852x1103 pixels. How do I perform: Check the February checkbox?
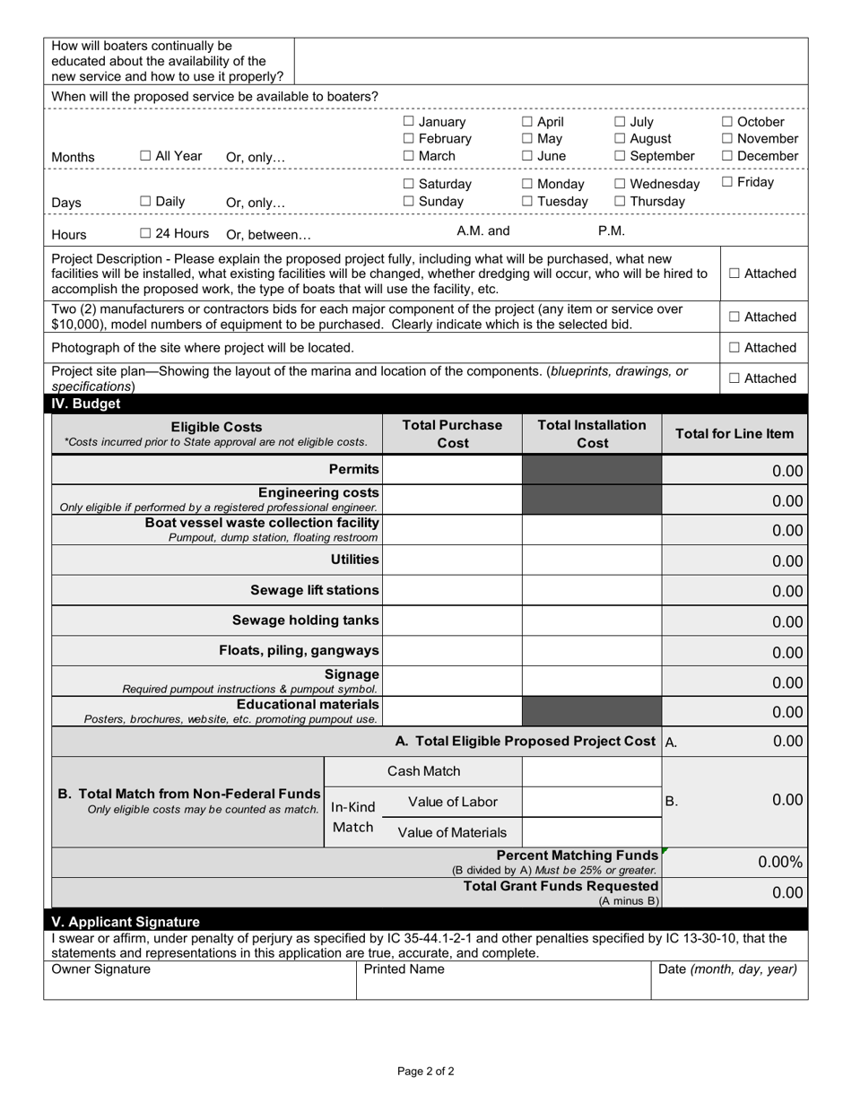pos(409,139)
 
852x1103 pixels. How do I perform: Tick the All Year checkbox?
pos(145,156)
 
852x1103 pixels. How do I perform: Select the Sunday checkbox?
pos(409,201)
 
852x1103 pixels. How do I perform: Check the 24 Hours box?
pos(145,234)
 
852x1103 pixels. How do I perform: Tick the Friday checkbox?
pos(727,183)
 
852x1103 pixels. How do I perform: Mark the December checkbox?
pos(727,156)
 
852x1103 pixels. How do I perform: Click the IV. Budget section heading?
pos(86,404)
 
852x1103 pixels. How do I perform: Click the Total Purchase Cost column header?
pos(452,434)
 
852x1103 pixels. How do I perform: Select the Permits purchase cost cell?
pos(452,470)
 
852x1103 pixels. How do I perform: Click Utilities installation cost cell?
pos(591,560)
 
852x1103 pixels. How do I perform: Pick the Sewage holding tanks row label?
pos(305,621)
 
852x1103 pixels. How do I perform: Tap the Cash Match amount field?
pos(591,771)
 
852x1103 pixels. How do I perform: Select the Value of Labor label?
pos(452,802)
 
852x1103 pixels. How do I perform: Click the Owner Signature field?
pos(200,986)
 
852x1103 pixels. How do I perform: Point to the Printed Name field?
pos(503,986)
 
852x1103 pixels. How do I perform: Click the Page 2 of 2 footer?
pos(426,1071)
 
